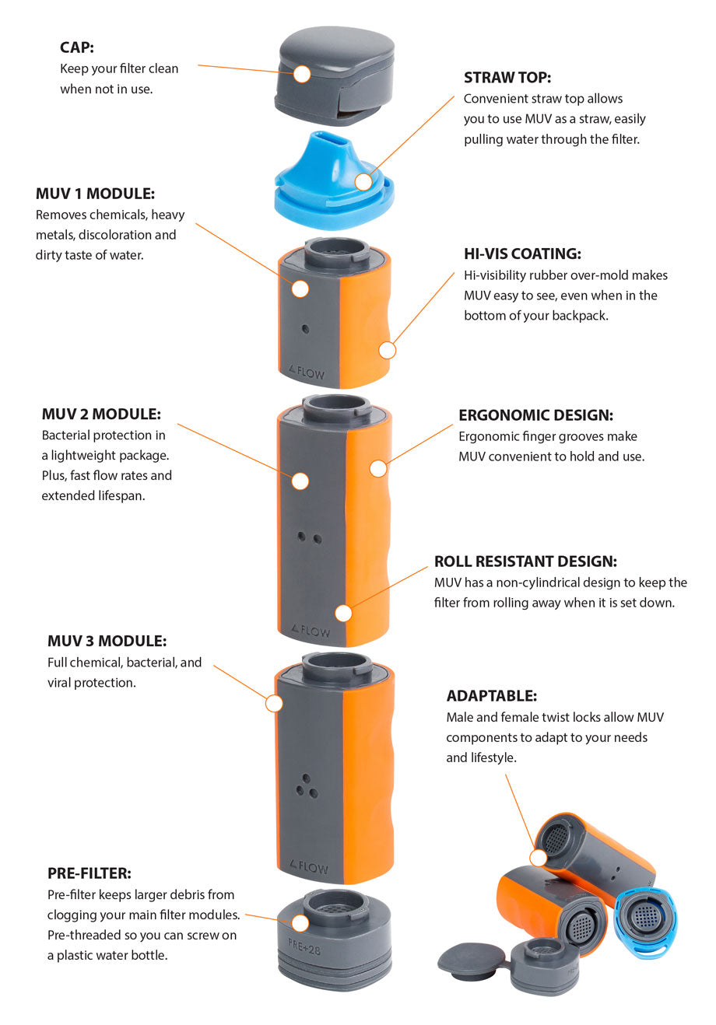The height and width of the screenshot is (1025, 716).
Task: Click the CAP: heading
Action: point(77,47)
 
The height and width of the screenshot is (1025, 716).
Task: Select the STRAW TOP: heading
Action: point(507,77)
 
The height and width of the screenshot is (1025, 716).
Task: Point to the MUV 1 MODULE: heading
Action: point(95,194)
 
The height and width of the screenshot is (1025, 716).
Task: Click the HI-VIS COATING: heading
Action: point(521,254)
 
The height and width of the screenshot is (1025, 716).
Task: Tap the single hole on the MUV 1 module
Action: point(305,329)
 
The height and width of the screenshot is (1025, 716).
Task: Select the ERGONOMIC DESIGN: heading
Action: point(535,415)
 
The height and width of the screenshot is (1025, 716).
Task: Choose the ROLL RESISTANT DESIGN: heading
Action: point(525,561)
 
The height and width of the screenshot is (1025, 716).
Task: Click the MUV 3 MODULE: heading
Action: point(107,642)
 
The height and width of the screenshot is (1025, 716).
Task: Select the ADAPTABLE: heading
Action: point(491,696)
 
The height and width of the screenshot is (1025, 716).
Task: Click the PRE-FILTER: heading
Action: point(89,873)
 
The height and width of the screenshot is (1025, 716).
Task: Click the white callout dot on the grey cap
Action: point(302,74)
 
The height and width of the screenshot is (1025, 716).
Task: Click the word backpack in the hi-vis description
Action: point(578,316)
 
